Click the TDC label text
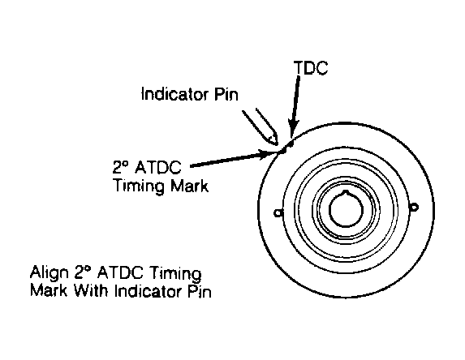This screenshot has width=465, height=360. [x=311, y=67]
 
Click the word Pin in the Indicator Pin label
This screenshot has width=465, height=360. [x=226, y=94]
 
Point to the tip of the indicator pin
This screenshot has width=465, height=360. [x=277, y=144]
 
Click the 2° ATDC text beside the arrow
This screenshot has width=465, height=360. [x=147, y=167]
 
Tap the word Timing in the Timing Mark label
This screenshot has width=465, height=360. [x=139, y=186]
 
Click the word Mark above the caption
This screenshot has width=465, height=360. [x=189, y=186]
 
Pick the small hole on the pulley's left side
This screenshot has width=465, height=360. [x=278, y=212]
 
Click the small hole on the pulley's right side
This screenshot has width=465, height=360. [x=414, y=207]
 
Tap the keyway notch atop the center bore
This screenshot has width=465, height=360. [x=346, y=193]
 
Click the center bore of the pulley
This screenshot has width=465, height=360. [x=346, y=209]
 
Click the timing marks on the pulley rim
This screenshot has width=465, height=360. [x=286, y=148]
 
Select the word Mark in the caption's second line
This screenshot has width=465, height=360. [x=49, y=290]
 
